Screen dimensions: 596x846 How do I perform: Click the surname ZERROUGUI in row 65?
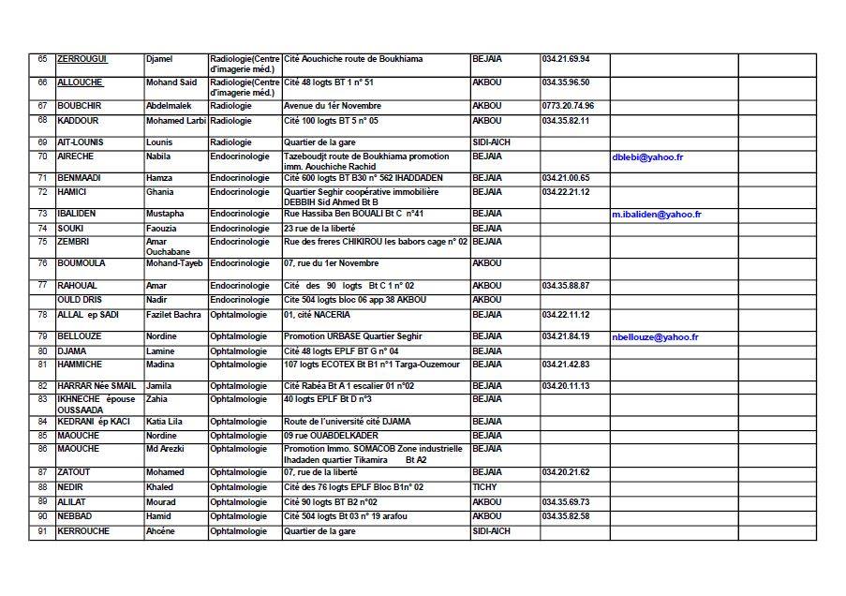point(82,59)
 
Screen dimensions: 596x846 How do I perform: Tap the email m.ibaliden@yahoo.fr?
point(657,215)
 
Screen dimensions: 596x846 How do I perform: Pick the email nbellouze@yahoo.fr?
point(655,336)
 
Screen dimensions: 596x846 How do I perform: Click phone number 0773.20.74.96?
point(568,106)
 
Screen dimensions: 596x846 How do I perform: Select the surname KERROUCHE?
point(83,531)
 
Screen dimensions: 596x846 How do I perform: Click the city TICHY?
point(484,487)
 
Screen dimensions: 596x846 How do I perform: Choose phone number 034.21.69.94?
point(565,59)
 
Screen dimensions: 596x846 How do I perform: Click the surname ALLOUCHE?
point(80,82)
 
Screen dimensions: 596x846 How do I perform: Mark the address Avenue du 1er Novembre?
point(333,106)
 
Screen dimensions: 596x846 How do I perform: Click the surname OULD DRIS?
point(79,300)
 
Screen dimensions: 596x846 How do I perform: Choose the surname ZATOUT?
point(74,472)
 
